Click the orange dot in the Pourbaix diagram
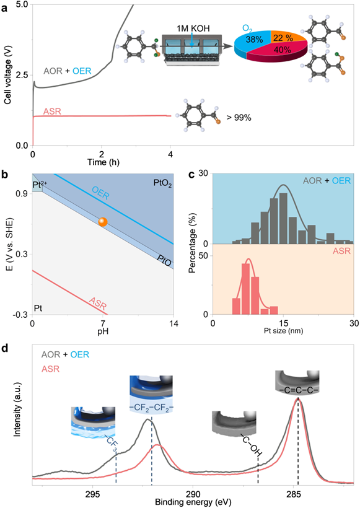click(103, 222)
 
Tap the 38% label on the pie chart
click(254, 40)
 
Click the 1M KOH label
click(193, 28)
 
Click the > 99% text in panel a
click(239, 117)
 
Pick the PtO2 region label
click(162, 184)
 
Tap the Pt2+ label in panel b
click(40, 185)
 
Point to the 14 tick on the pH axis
click(173, 323)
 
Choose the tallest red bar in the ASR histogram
click(246, 289)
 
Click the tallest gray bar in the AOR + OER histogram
click(283, 218)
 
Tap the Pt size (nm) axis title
click(283, 331)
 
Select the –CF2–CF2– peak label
click(151, 408)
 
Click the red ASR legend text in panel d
click(51, 369)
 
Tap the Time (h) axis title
click(103, 162)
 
